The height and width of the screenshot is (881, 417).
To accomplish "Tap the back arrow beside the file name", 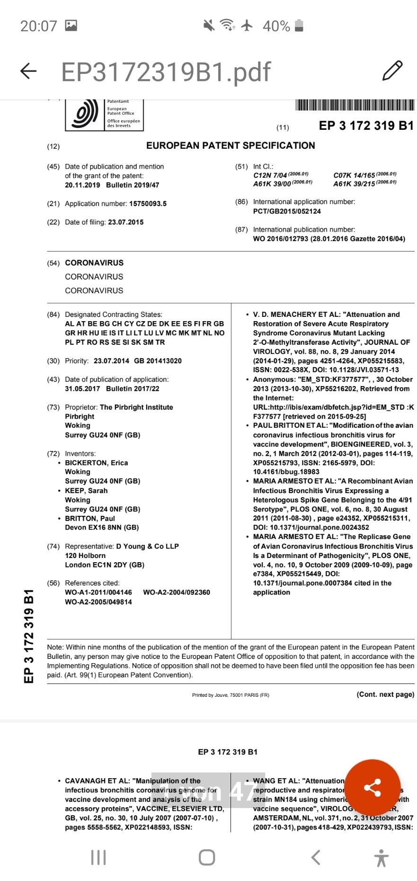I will (x=28, y=71).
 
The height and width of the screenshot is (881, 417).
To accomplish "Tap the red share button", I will (x=372, y=788).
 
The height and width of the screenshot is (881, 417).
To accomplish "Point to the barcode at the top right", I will (x=355, y=105).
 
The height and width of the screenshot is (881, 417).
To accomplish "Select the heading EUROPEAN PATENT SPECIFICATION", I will (x=231, y=145).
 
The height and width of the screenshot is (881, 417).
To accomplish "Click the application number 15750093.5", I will (x=148, y=204).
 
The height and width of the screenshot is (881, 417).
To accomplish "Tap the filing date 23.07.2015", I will (x=125, y=222).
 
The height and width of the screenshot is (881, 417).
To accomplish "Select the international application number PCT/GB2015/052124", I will (x=287, y=211).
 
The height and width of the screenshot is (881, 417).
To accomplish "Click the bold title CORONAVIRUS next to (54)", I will (x=94, y=263).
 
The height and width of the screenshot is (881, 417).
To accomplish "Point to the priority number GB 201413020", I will (x=158, y=361).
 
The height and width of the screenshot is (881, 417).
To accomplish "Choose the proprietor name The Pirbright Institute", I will (x=136, y=407).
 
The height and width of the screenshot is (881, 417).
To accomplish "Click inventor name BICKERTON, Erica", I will (x=97, y=463).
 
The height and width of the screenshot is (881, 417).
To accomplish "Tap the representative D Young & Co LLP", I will (x=147, y=546).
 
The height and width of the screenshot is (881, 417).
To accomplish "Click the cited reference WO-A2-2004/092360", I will (x=177, y=593).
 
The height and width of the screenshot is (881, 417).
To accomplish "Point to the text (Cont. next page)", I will (x=385, y=694).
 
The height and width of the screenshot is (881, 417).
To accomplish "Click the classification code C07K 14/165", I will (x=354, y=175).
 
